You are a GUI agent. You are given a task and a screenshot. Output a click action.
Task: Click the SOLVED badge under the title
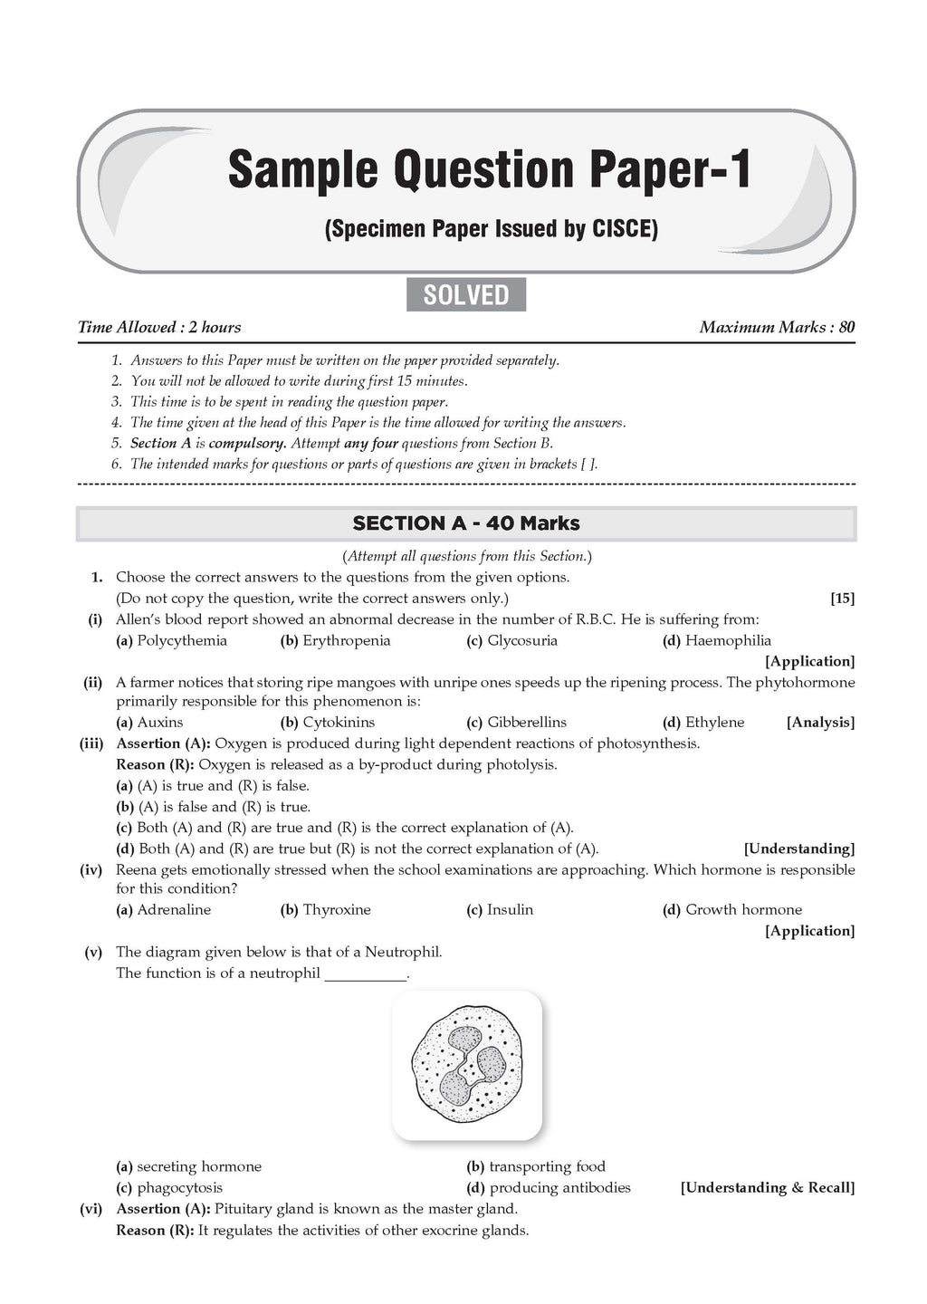pos(466,295)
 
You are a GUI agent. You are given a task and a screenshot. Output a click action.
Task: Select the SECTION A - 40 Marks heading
pos(466,523)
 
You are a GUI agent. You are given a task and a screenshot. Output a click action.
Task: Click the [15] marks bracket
pos(842,599)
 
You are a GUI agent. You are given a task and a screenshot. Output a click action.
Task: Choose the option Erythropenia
pos(346,641)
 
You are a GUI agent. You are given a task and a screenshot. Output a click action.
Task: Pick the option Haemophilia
pos(728,641)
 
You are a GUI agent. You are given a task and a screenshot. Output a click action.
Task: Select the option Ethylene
pos(714,723)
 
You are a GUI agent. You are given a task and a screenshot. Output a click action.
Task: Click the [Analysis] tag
pos(820,723)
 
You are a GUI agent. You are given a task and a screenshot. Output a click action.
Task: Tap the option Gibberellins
pos(526,723)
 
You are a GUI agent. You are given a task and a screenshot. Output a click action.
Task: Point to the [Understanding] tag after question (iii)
pos(798,849)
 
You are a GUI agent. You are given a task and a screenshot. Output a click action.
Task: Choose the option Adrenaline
pos(173,910)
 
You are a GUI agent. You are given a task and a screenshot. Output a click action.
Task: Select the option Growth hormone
pos(743,910)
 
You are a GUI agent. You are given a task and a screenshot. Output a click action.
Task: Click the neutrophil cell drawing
pos(466,1065)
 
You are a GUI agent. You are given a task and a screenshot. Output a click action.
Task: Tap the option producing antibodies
pos(559,1188)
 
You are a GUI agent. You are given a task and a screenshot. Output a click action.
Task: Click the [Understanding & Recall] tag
pos(767,1188)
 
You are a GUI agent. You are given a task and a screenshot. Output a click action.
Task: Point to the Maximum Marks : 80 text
pos(777,328)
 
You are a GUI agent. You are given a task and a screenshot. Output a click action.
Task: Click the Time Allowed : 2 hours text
pos(159,328)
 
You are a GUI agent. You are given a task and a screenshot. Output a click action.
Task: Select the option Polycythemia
pos(181,641)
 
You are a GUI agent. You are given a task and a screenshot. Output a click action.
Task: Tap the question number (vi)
pos(93,1209)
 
